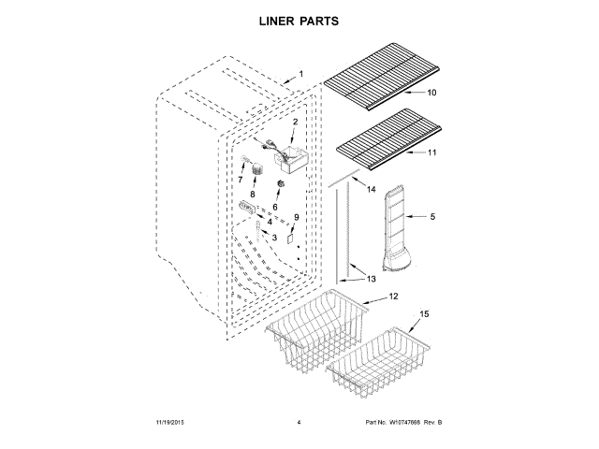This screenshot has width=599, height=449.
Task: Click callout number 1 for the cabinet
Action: click(301, 74)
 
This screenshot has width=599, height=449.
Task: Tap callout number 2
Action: click(295, 123)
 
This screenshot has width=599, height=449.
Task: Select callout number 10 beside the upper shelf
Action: click(431, 93)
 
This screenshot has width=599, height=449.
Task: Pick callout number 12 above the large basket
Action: click(393, 297)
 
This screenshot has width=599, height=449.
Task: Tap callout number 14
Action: click(371, 190)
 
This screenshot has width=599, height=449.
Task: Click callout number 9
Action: click(297, 217)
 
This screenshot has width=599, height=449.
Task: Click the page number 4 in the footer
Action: click(298, 423)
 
